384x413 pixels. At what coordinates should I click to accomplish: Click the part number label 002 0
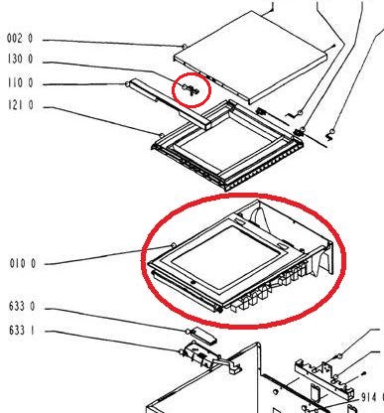(x=20, y=39)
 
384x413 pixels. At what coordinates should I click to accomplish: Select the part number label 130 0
(x=20, y=60)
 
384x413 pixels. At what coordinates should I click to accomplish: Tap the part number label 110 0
(x=21, y=82)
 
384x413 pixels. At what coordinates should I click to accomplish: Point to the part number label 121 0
(x=21, y=105)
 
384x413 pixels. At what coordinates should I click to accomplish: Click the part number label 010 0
(x=23, y=264)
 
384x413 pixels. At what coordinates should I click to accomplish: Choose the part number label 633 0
(x=22, y=306)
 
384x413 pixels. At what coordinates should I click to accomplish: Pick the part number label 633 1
(x=22, y=330)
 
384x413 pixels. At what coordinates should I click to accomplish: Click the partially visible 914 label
(x=372, y=397)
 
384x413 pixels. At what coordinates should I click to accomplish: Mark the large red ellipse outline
(x=243, y=196)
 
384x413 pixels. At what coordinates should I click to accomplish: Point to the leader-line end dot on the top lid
(x=184, y=46)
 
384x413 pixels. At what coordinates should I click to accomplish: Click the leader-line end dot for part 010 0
(x=173, y=245)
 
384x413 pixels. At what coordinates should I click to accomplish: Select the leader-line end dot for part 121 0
(x=162, y=135)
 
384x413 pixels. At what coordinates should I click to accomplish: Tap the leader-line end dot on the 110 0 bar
(x=127, y=84)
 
